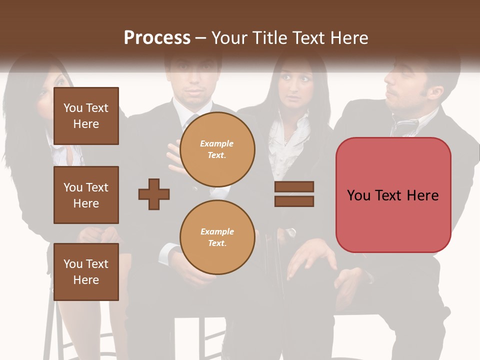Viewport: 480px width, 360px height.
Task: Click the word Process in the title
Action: point(157,37)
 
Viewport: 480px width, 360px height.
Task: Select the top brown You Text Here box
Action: point(86,116)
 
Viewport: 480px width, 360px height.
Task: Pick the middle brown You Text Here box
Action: point(86,195)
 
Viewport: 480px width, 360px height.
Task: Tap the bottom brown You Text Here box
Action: point(86,271)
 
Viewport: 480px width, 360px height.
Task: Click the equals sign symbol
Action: point(294,194)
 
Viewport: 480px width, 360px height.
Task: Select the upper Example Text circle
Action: point(217,149)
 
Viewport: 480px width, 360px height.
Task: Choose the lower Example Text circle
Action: point(217,237)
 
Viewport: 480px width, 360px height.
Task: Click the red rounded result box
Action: point(393,195)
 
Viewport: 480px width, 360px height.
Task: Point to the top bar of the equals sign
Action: point(294,187)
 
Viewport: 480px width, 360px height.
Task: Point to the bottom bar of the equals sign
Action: point(294,201)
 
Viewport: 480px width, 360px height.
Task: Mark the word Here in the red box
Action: point(422,195)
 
